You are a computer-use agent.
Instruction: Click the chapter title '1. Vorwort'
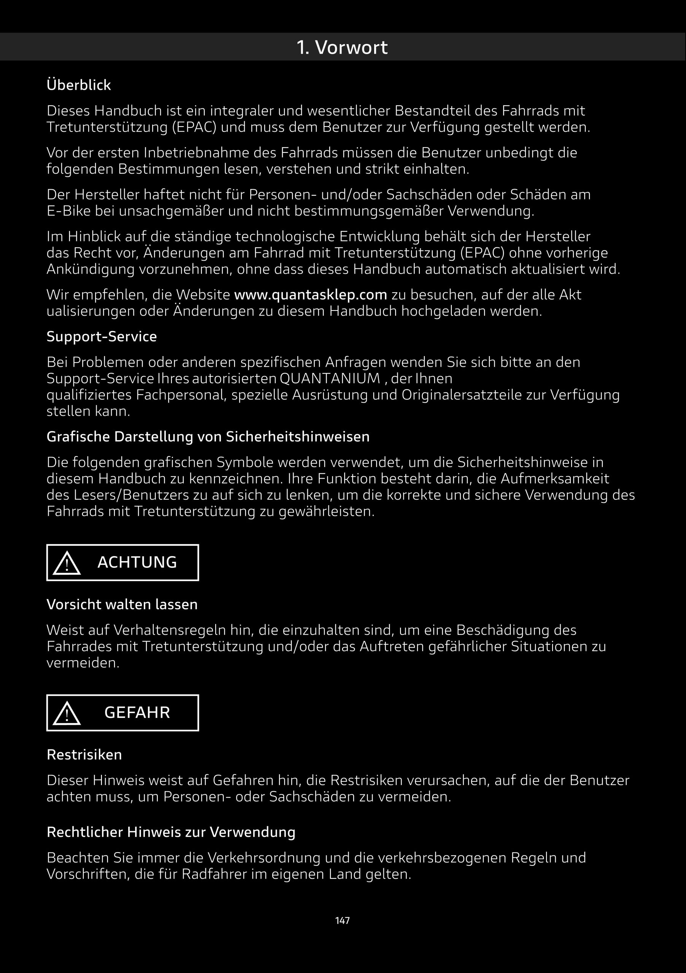pyautogui.click(x=342, y=47)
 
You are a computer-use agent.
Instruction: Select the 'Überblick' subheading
pyautogui.click(x=78, y=85)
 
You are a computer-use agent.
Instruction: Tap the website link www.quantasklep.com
pyautogui.click(x=310, y=295)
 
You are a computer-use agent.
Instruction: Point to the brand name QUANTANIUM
pyautogui.click(x=330, y=379)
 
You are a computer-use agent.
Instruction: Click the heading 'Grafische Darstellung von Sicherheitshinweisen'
pyautogui.click(x=208, y=436)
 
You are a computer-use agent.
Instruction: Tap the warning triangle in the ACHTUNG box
pyautogui.click(x=67, y=564)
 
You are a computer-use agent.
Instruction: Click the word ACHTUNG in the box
pyautogui.click(x=137, y=563)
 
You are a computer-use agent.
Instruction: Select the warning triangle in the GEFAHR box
pyautogui.click(x=67, y=713)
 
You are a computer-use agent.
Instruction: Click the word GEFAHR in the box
pyautogui.click(x=137, y=713)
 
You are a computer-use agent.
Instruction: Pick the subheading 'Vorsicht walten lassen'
pyautogui.click(x=122, y=604)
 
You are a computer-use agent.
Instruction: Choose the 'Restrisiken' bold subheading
pyautogui.click(x=84, y=755)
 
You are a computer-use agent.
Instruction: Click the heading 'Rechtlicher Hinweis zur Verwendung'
pyautogui.click(x=171, y=832)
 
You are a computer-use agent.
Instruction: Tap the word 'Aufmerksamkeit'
pyautogui.click(x=554, y=479)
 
